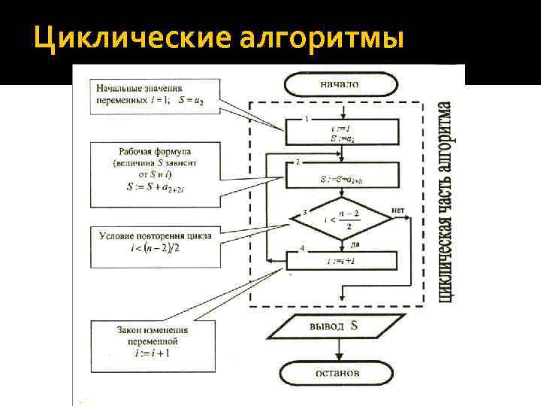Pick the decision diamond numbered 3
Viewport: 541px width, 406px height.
(341, 219)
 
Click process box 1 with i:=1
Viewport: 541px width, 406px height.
(342, 133)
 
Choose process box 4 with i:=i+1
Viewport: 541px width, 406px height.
(342, 261)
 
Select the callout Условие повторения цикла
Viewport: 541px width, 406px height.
(155, 245)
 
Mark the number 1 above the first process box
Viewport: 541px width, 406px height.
(307, 120)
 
